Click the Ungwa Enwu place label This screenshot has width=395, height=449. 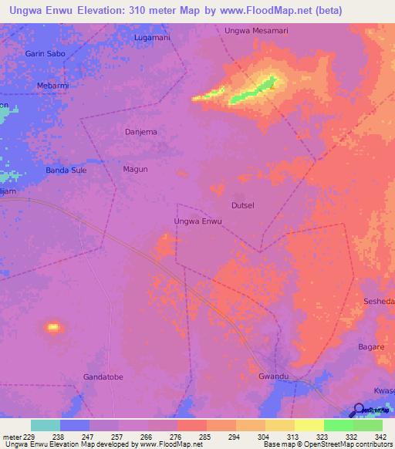click(198, 221)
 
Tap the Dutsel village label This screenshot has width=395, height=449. click(243, 205)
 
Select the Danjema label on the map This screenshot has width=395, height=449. click(141, 132)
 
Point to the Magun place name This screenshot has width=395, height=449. click(135, 169)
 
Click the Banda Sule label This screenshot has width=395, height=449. click(66, 170)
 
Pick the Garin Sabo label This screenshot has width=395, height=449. click(45, 54)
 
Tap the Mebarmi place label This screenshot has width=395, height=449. click(53, 86)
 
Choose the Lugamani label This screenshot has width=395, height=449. click(152, 37)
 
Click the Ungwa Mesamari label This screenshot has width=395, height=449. click(255, 31)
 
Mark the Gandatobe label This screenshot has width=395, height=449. click(103, 376)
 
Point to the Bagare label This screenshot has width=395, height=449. click(371, 347)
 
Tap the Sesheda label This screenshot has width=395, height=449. click(379, 301)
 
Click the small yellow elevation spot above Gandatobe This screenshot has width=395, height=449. click(53, 327)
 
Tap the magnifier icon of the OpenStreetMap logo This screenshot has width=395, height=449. click(358, 410)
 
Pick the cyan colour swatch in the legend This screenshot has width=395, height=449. click(46, 425)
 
